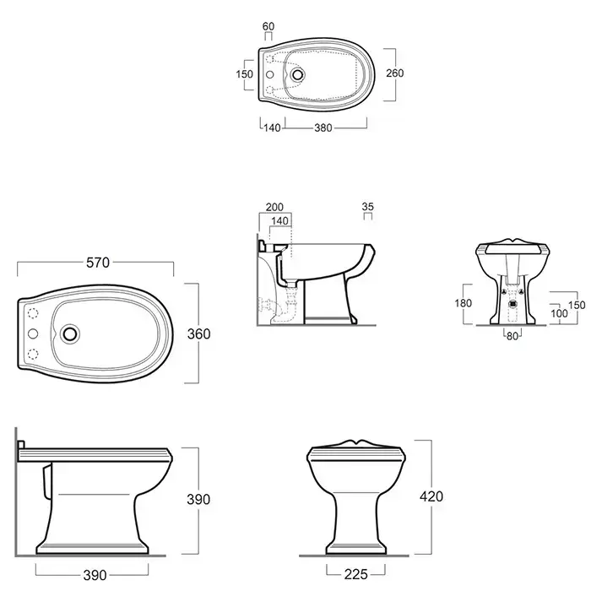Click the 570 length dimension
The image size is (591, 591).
pos(98,263)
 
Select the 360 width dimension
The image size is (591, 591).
pos(199,334)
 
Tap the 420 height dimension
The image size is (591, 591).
pos(431,496)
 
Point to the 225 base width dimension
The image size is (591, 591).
pos(355,574)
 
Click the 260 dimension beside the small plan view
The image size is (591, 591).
pos(394,73)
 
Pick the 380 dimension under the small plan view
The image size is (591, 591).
pos(323,128)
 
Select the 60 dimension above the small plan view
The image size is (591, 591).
pos(268,26)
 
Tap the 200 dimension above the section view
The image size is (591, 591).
pos(274,207)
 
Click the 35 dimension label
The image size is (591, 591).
pos(367,207)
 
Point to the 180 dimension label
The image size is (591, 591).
pos(464,303)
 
